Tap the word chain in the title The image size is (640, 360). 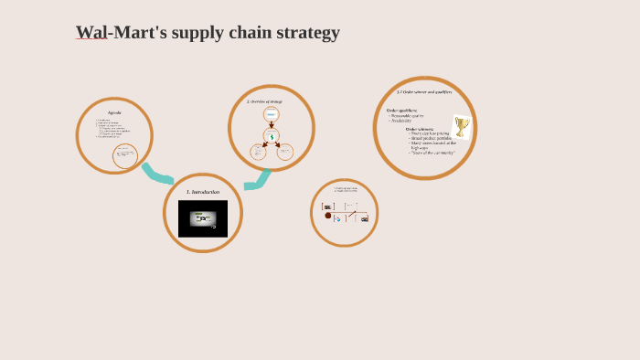pos(237,33)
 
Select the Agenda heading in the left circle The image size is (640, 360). pos(114,112)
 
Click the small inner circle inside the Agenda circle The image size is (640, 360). pos(125,156)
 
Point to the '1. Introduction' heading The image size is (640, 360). pos(203,192)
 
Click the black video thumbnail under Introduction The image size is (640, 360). pos(203,219)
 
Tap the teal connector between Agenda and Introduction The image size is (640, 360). pos(157,174)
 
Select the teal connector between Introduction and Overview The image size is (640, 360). pos(257,181)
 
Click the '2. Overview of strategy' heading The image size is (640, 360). pos(265,101)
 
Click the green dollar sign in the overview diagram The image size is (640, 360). pos(272,135)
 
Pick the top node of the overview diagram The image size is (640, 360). pos(272,114)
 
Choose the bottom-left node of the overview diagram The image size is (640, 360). pos(259,152)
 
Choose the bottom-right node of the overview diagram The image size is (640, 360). pos(285,152)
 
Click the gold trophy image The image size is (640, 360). pos(462,126)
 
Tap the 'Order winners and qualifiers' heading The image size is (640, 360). pos(424,92)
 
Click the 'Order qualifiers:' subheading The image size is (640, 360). pos(402,111)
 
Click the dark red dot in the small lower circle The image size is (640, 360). pos(328,216)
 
